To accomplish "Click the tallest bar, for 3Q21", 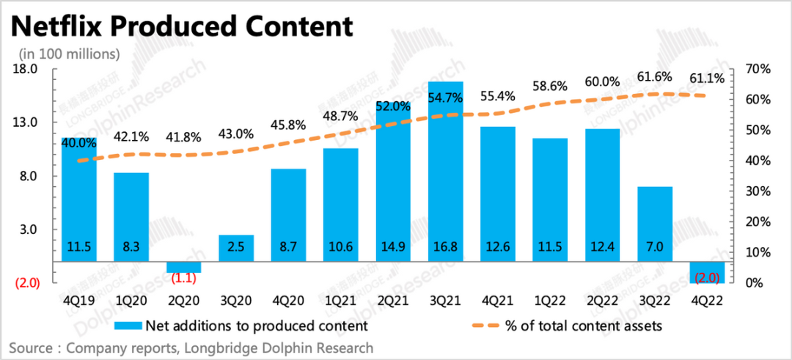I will pos(445,176).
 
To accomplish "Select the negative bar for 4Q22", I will pos(707,272).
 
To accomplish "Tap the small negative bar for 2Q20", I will pos(183,267).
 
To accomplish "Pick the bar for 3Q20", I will pos(236,248).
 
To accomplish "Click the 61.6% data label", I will pos(655,78).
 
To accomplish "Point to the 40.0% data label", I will pos(78,142).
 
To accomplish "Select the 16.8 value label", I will pos(445,247).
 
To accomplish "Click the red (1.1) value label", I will pos(184,279).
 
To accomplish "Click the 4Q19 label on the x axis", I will pos(78,300).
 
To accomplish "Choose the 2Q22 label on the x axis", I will pos(602,300).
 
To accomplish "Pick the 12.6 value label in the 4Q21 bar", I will pos(498,247).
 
